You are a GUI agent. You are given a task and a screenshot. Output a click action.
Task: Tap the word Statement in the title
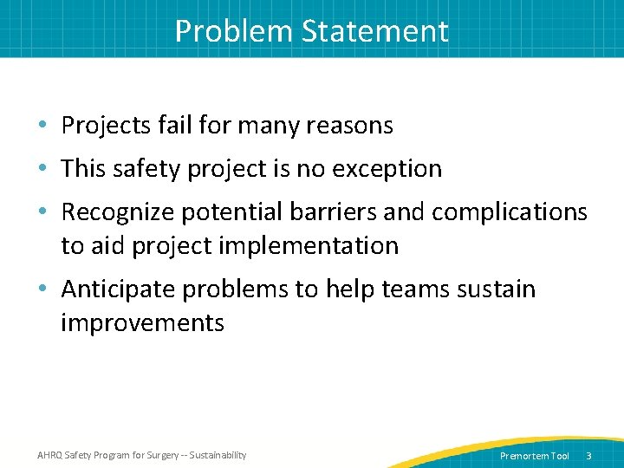tap(375, 31)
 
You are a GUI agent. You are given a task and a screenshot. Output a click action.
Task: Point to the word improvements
tap(142, 323)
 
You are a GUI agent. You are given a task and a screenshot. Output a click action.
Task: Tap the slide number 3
tap(589, 456)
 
